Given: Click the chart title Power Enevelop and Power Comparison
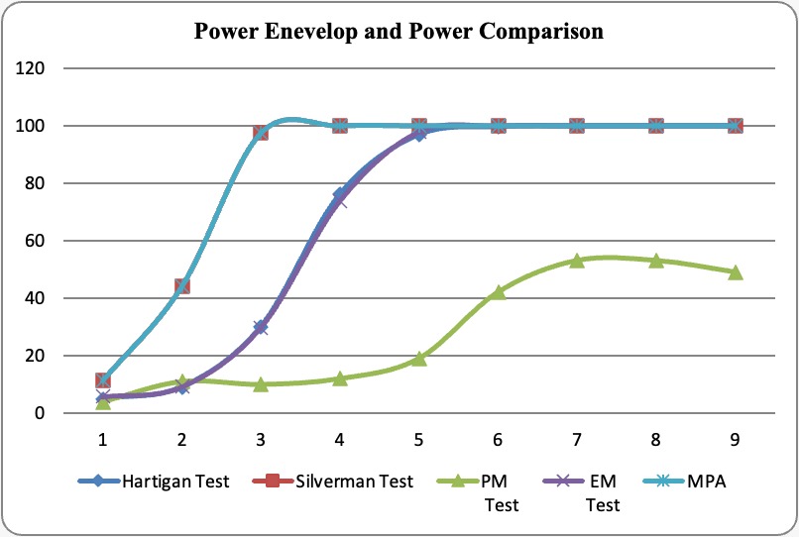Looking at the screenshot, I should (399, 31).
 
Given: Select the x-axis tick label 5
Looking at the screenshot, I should (418, 436).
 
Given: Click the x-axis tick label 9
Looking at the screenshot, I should (735, 436).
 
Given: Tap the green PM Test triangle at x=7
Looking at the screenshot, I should (577, 261).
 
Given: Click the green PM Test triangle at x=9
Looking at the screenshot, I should (735, 272).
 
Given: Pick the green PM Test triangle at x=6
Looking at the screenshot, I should (498, 292).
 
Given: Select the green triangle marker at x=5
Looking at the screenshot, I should (418, 359).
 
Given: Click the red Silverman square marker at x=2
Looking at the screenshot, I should (181, 286).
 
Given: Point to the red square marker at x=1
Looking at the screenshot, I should (102, 380).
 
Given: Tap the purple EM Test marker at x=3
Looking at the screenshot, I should (261, 327).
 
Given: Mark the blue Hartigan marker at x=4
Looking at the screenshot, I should (339, 194).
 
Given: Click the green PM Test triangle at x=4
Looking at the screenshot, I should (339, 378).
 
